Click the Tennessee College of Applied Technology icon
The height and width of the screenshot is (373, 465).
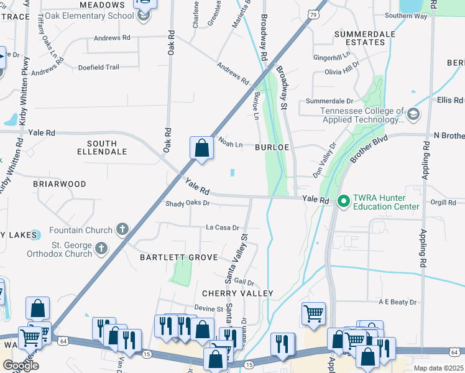tap(413, 114)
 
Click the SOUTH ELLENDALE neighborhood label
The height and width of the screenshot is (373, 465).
tap(102, 147)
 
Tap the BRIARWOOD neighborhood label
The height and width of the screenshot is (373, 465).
tap(60, 184)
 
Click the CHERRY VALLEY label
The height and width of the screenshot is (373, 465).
tap(237, 293)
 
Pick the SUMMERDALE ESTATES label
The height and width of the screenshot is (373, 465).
tap(361, 37)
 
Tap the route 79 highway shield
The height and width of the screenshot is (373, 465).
tap(314, 13)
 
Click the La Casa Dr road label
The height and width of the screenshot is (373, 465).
tap(223, 228)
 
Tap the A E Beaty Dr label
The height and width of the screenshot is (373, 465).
tap(398, 302)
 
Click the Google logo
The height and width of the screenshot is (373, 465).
tap(21, 366)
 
